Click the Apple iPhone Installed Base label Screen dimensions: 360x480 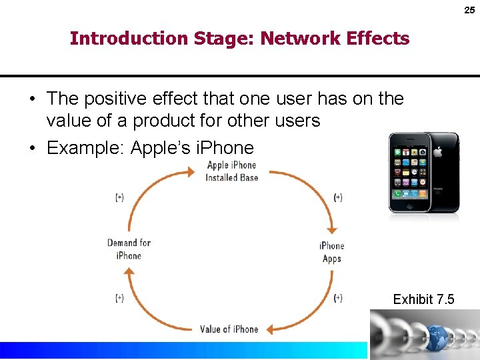tap(231, 171)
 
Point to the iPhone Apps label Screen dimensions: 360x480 tap(331, 252)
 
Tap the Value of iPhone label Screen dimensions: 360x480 tap(229, 329)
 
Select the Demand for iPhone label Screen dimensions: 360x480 tap(129, 249)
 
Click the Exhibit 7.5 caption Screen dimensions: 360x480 tap(423, 299)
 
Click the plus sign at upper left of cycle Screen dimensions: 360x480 tap(119, 197)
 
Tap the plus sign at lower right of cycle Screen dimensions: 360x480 tap(338, 298)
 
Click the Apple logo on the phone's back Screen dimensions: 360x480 tap(438, 151)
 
